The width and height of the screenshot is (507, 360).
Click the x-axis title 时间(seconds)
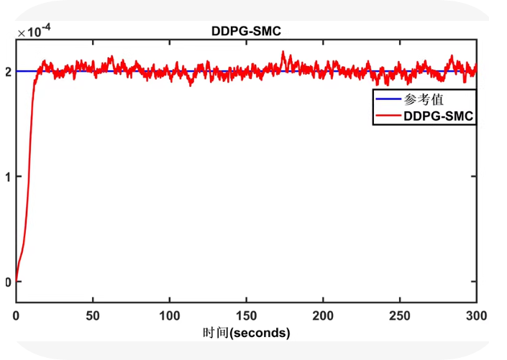click(247, 333)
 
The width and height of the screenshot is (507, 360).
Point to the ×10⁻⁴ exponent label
click(35, 32)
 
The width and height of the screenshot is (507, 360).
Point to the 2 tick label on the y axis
click(7, 71)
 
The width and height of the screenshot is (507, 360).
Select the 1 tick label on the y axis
click(7, 177)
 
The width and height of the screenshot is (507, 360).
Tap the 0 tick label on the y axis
click(7, 282)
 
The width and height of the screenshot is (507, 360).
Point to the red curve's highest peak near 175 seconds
click(283, 52)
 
